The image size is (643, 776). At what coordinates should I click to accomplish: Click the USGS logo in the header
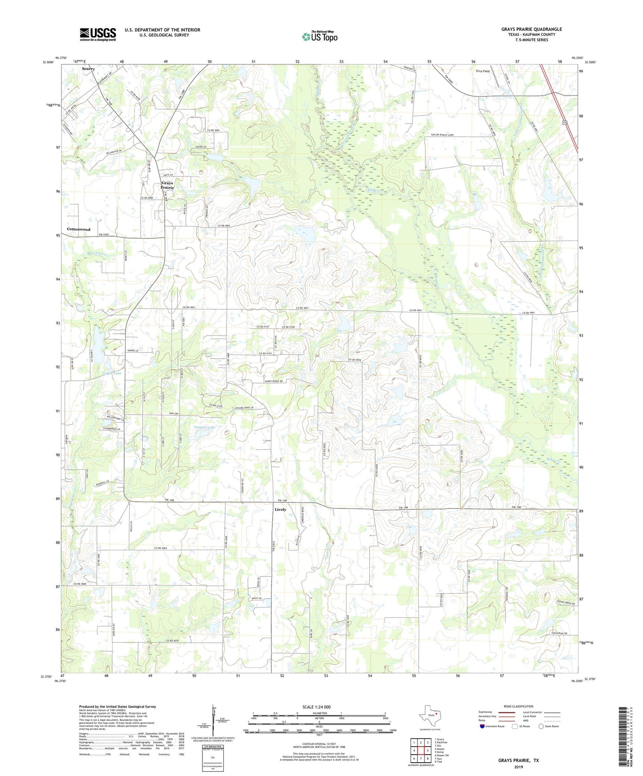(97, 34)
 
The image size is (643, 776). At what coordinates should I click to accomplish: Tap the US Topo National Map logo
(319, 36)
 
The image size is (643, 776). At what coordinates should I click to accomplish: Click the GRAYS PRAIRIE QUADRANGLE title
(531, 29)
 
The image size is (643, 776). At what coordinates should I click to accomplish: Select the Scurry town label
(88, 69)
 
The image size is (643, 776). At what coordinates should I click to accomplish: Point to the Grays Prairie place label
(167, 185)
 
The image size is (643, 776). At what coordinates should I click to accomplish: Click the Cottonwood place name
(79, 229)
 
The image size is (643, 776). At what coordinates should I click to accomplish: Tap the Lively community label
(280, 509)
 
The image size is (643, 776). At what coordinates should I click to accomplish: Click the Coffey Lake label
(112, 373)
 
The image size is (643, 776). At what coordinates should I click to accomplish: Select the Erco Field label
(483, 71)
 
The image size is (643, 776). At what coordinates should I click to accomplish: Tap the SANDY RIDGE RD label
(274, 381)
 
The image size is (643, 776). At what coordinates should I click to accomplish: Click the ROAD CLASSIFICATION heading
(518, 706)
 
